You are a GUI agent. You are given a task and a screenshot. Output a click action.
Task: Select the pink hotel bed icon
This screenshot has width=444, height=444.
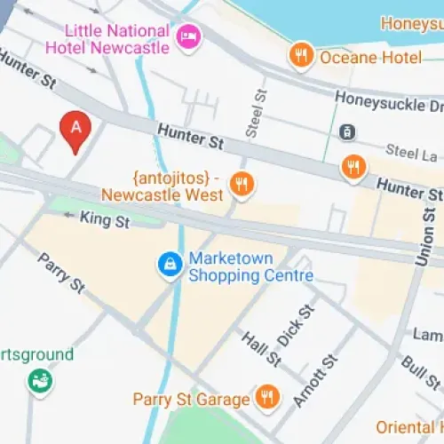[189, 36]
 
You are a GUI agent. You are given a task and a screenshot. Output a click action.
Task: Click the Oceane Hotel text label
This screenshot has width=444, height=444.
[373, 58]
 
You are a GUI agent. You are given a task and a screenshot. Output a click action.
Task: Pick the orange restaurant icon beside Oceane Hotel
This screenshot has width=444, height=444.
[302, 58]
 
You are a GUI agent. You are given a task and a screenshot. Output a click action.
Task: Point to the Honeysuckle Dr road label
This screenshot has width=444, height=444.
[388, 104]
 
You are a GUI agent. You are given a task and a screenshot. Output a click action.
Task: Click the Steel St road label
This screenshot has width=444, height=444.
[258, 109]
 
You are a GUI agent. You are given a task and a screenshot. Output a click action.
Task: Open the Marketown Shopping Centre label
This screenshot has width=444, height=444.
[250, 267]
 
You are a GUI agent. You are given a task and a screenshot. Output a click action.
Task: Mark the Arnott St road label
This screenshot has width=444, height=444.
[317, 380]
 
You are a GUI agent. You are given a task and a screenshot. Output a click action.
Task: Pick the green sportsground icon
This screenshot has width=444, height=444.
[40, 382]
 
